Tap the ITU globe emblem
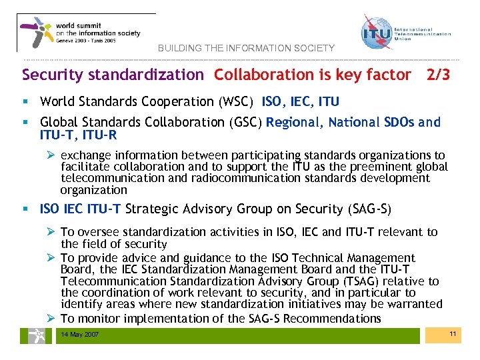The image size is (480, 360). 376,33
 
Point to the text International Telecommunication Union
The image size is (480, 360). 423,34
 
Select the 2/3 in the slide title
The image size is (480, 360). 437,75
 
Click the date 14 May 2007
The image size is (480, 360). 80,334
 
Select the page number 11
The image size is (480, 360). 452,333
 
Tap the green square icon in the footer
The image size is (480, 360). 32,335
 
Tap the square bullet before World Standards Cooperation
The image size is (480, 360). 25,102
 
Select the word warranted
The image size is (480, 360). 415,304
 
